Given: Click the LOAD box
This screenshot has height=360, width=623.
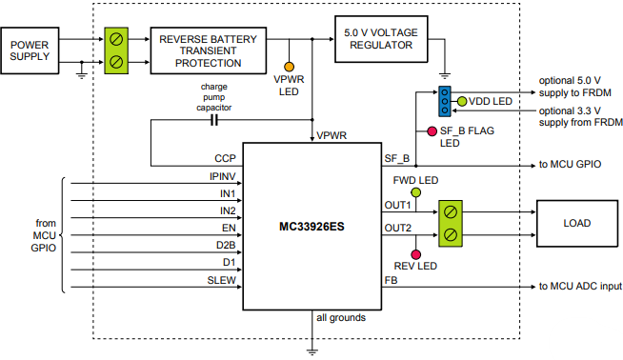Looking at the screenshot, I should tap(576, 223).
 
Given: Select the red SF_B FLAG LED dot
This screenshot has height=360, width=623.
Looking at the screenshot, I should tap(418, 130).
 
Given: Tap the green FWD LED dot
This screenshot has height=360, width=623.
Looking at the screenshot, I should tap(415, 192).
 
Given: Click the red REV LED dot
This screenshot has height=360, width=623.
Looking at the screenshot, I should tap(415, 253).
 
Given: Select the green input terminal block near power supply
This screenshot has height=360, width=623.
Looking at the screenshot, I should tap(116, 50).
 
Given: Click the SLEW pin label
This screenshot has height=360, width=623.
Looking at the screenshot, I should tap(222, 280).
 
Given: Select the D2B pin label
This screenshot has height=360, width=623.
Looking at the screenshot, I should tap(224, 246).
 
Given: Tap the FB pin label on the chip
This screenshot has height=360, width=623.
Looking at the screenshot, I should tap(391, 280).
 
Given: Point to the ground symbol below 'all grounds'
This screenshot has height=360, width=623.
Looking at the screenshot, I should tap(311, 350).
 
